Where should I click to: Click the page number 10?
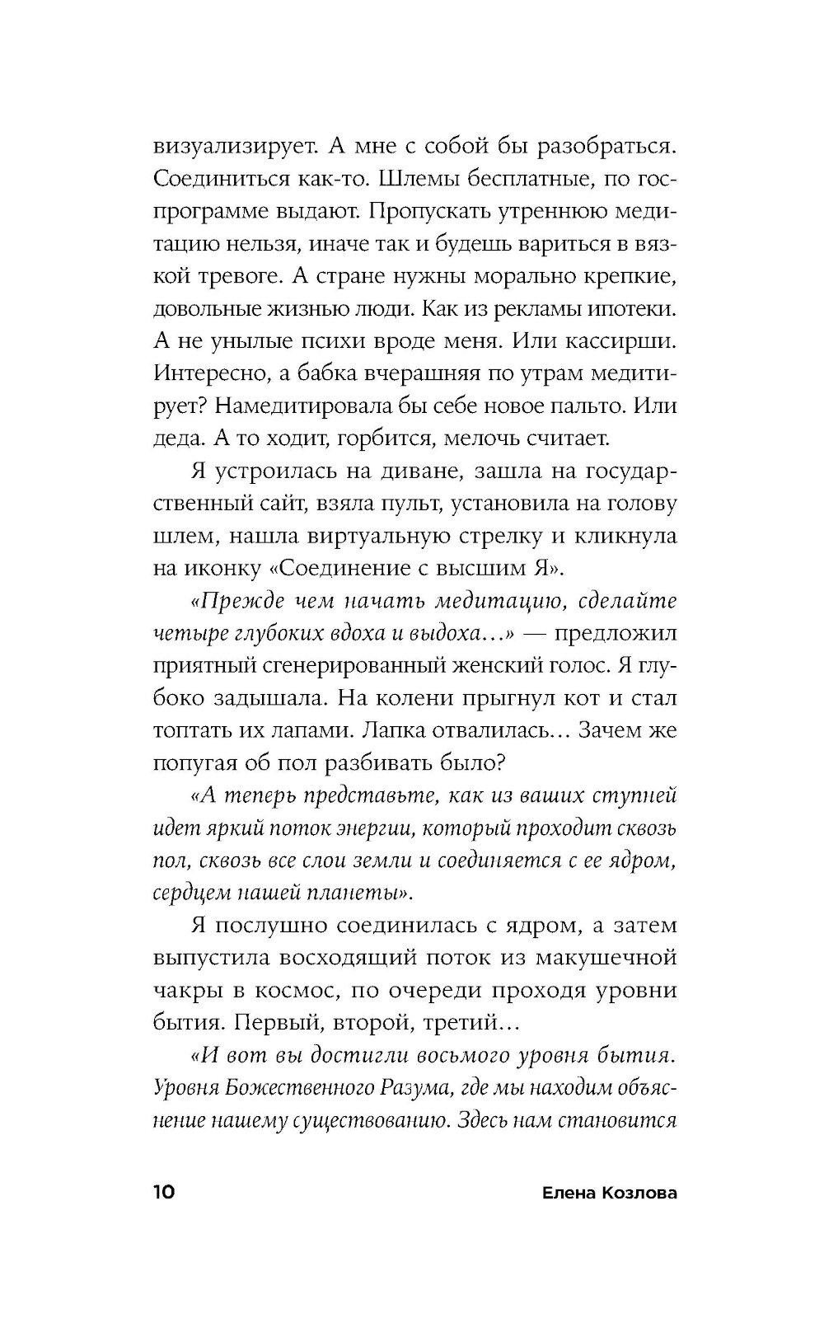click(163, 1193)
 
